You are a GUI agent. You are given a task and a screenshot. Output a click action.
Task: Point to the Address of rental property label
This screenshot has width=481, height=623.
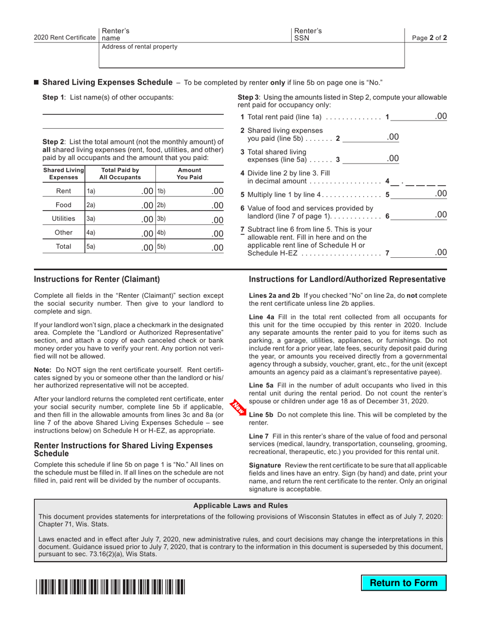140,47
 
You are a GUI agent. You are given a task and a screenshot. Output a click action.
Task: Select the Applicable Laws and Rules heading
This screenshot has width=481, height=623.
240,505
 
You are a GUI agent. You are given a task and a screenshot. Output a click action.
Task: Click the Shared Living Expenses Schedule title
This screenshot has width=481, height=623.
107,82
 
